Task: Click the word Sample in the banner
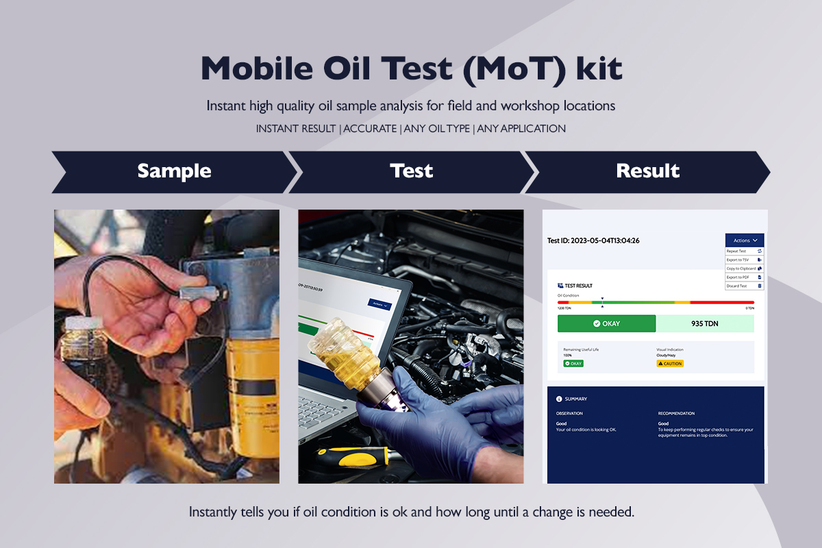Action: point(174,171)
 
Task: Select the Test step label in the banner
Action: point(411,171)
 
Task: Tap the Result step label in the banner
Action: point(647,171)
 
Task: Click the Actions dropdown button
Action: point(745,240)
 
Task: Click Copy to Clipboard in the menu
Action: point(741,269)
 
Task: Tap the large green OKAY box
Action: point(606,323)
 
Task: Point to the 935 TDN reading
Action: point(704,323)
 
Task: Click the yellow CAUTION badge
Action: point(670,364)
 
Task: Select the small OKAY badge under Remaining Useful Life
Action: point(573,364)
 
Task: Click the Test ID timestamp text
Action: point(594,240)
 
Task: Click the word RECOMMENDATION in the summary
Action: point(676,414)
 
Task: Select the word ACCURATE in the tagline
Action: point(370,129)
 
